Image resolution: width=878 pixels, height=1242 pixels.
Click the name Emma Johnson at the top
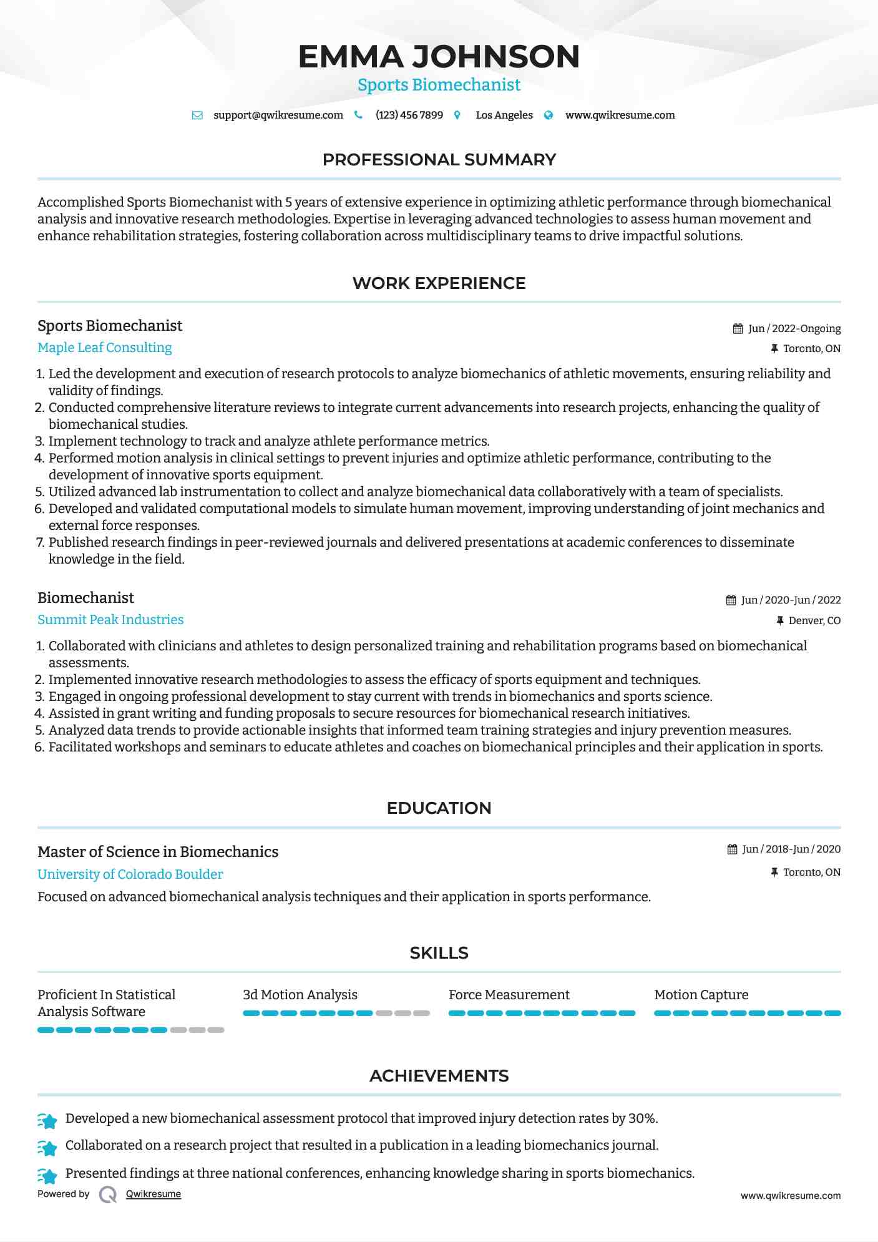tap(439, 56)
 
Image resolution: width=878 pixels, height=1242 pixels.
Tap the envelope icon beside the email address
tap(197, 115)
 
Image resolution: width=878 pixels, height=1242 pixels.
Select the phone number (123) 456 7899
tap(409, 115)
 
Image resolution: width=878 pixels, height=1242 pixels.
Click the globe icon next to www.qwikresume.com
tap(549, 115)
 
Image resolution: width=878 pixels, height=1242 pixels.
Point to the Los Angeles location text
tap(504, 115)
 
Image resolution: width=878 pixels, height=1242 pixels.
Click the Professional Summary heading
tap(439, 160)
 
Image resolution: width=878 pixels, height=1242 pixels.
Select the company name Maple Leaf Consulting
tap(105, 348)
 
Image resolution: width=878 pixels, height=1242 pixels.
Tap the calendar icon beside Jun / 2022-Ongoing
tap(738, 329)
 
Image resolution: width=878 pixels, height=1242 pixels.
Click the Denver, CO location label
tap(814, 620)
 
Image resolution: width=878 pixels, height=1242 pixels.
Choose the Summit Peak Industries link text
tap(110, 620)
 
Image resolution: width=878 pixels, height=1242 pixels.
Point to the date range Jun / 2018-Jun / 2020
tap(791, 849)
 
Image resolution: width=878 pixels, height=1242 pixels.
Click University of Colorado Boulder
tap(130, 874)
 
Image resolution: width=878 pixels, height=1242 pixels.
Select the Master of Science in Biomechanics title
tap(158, 852)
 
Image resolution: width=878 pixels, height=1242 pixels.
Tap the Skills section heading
tap(439, 953)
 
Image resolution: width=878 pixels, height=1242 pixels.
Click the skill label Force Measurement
tap(509, 995)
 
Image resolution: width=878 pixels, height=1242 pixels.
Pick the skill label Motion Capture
tap(701, 995)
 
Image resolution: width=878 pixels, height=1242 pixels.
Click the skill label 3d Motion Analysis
tap(300, 995)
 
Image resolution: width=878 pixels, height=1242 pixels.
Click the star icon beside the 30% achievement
tap(48, 1120)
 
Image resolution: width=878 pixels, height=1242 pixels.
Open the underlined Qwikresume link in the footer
tap(154, 1194)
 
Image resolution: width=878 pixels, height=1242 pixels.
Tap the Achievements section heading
tap(439, 1076)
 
